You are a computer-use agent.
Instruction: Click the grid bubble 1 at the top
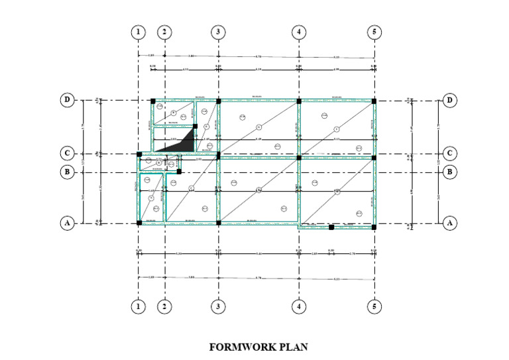coord(138,31)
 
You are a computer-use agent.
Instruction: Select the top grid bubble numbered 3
coord(218,31)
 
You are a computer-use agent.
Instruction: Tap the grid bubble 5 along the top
coord(374,31)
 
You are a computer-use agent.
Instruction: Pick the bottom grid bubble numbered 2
coord(164,307)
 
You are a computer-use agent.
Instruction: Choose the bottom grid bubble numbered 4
coord(299,307)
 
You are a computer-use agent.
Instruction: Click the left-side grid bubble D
coord(67,101)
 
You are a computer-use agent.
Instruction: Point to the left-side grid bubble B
coord(67,172)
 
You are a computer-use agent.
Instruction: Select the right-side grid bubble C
coord(450,153)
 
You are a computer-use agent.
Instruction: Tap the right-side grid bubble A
coord(450,223)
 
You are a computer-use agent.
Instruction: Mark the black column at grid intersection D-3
coord(219,101)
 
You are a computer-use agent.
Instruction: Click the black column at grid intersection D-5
coord(374,101)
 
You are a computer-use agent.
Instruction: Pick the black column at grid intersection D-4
coord(299,101)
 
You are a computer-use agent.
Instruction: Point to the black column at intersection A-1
coord(139,223)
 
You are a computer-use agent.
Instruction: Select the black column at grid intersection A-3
coord(219,223)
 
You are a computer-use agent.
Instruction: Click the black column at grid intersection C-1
coord(139,154)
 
